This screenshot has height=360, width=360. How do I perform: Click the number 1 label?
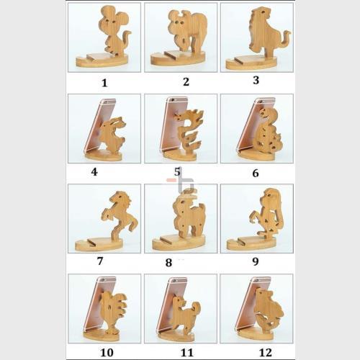104,83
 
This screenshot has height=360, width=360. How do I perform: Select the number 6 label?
256,173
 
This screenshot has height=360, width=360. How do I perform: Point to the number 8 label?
168,263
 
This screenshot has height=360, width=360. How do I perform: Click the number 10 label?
107,353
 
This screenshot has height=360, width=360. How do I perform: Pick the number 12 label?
266,353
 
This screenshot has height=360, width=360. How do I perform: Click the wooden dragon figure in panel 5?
189,131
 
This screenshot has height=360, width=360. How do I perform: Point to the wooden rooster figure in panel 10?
114,310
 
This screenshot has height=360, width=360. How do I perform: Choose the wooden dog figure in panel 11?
186,315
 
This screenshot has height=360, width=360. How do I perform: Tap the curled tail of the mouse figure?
126,40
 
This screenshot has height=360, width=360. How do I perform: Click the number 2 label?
186,82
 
